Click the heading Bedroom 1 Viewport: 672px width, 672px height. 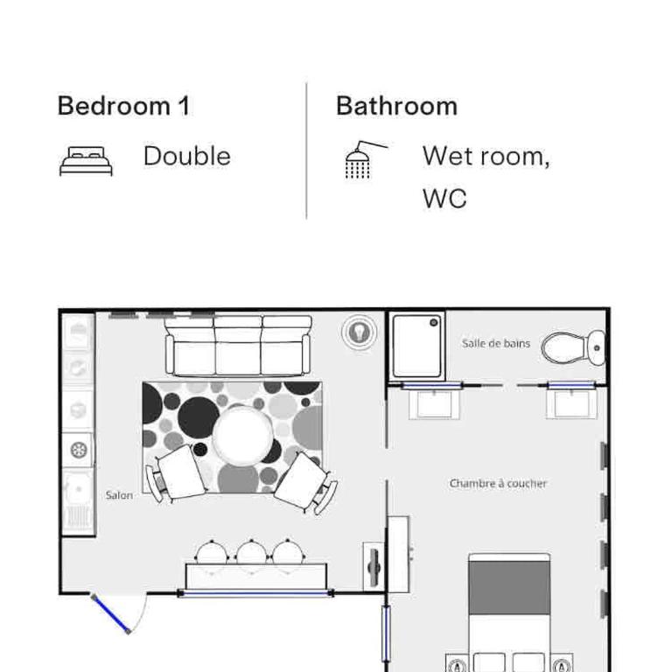tap(123, 106)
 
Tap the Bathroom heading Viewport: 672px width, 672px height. tap(396, 106)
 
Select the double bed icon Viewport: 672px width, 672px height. tap(86, 161)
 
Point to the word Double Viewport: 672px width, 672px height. tap(187, 156)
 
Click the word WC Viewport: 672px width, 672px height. tap(444, 199)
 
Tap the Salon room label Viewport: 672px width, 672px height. tap(119, 495)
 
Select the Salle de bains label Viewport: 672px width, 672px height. tap(496, 343)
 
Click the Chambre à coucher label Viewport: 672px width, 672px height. tap(498, 483)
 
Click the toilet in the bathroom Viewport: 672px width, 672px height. tap(573, 347)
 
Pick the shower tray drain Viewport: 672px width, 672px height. tap(433, 323)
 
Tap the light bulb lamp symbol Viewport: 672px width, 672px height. tap(359, 332)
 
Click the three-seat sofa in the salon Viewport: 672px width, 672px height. tap(238, 346)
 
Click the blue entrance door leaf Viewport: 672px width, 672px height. tap(110, 613)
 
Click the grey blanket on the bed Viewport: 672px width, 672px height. tap(509, 588)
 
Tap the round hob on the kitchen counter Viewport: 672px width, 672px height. tap(79, 450)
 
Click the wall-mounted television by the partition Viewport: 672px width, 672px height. tap(374, 566)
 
